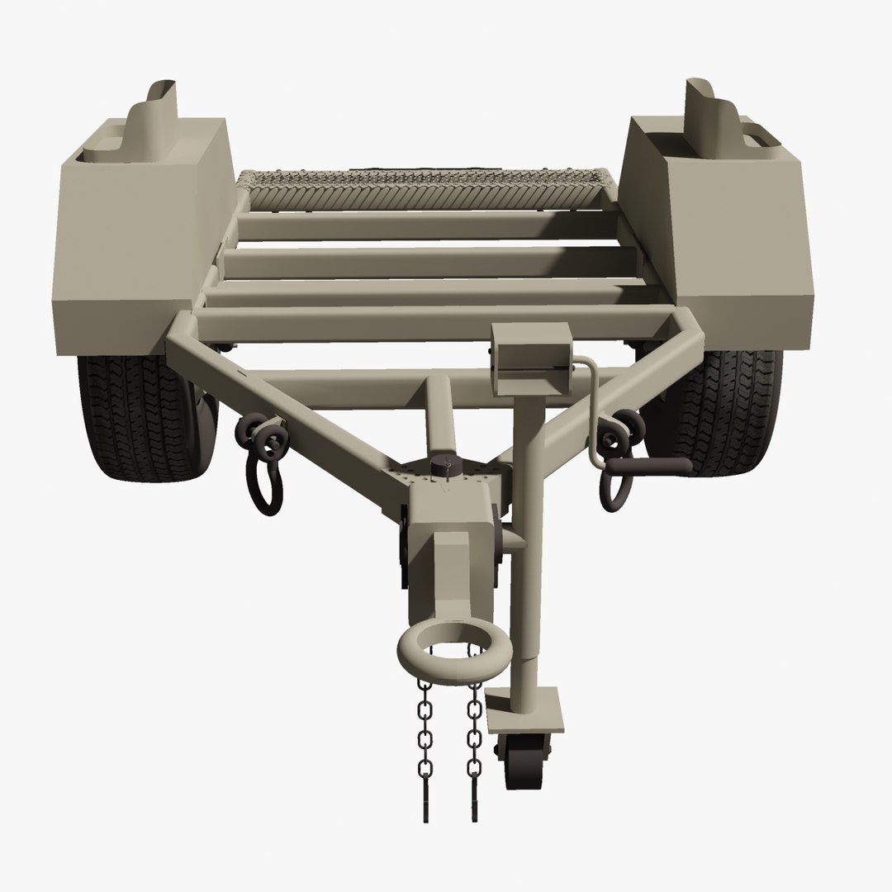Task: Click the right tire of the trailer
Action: [x=735, y=413]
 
